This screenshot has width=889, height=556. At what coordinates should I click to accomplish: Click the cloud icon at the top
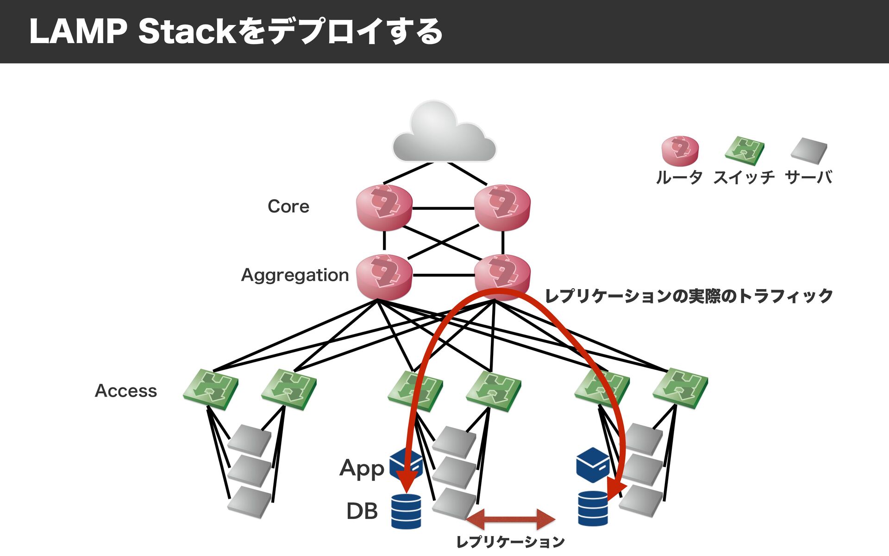444,132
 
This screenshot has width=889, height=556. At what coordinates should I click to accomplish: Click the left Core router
384,208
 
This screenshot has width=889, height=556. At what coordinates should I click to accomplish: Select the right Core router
502,208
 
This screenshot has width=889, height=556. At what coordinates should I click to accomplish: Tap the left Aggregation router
384,277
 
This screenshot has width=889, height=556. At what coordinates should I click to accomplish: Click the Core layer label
288,206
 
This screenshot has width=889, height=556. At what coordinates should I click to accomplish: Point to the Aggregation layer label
295,275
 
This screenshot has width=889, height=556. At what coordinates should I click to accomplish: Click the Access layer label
126,391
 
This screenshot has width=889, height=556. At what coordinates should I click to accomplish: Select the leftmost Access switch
211,389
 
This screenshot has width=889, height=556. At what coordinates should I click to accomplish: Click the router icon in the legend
680,151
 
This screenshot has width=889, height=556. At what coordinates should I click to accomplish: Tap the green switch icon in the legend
745,151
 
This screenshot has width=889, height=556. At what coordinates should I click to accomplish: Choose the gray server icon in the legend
809,151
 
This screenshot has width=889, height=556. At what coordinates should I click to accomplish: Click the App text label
362,468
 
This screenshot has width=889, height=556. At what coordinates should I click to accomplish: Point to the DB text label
362,511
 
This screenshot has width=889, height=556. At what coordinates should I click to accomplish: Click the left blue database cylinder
406,511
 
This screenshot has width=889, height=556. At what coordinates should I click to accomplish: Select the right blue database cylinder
593,508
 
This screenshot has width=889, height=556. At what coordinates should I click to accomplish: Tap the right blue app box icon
593,465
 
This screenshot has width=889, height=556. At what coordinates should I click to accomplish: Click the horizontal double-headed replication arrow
511,519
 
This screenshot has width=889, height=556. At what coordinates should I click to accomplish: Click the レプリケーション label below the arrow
510,542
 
